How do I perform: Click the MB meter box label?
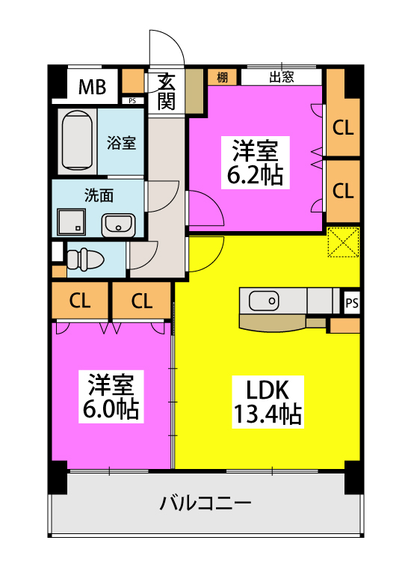point(92,87)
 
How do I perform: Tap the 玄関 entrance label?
point(166,91)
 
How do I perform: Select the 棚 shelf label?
point(222,77)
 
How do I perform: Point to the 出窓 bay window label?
point(282,77)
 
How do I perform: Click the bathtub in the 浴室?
point(77,141)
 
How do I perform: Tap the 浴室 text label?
point(121,143)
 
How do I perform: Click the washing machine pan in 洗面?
point(72,222)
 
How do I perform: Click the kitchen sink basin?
point(264,301)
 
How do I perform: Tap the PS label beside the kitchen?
point(352,303)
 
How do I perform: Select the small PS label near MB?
point(132,101)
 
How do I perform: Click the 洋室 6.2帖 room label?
point(255,162)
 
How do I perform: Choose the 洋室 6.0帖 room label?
point(111,396)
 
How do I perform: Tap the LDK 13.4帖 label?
point(268,402)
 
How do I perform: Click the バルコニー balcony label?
point(205,503)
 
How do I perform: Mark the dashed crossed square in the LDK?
point(343,242)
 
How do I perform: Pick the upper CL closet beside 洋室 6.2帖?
point(343,127)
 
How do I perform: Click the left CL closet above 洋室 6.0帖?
point(80,300)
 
